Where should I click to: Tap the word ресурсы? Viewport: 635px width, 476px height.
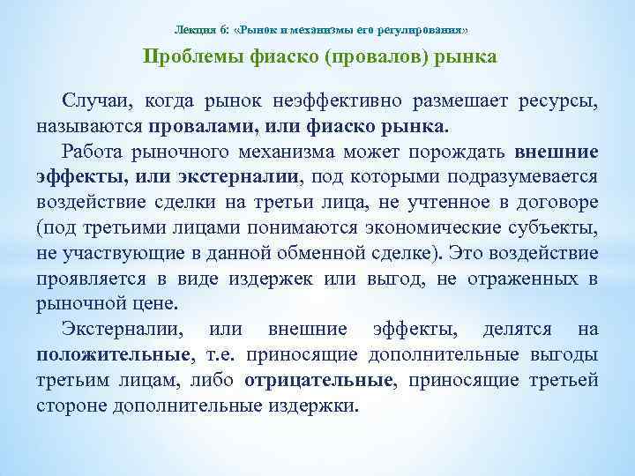point(564,103)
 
